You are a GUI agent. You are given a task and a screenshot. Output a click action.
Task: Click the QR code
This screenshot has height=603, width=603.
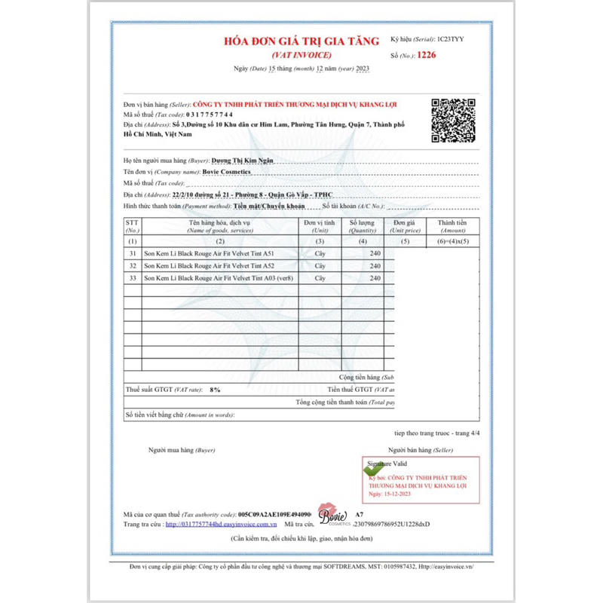pos(453,120)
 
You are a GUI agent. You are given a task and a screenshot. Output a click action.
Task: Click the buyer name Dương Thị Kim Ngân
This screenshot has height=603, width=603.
pos(241,161)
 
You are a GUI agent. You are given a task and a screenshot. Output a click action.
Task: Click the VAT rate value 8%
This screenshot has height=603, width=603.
pos(216,390)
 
